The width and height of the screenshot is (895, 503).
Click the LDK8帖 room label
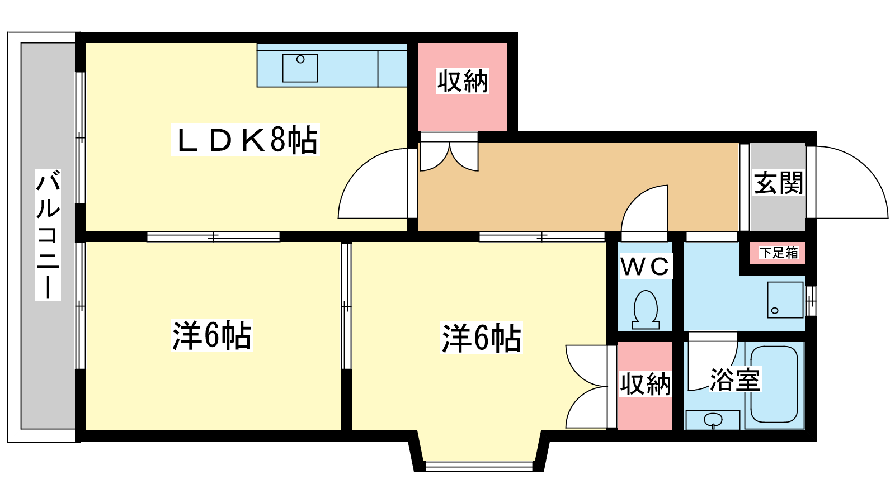pyautogui.click(x=245, y=140)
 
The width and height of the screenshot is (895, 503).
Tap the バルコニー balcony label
pyautogui.click(x=48, y=234)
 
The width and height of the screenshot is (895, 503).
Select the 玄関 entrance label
pyautogui.click(x=778, y=183)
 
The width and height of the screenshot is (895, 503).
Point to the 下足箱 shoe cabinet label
pyautogui.click(x=778, y=253)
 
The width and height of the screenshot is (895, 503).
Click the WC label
pyautogui.click(x=645, y=266)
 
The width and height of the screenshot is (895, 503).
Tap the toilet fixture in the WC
pyautogui.click(x=646, y=310)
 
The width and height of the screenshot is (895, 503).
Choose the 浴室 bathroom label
pyautogui.click(x=735, y=379)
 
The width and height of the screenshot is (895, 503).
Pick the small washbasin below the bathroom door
pyautogui.click(x=713, y=420)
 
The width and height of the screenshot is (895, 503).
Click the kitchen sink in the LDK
pyautogui.click(x=300, y=68)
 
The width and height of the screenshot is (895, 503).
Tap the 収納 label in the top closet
pyautogui.click(x=462, y=82)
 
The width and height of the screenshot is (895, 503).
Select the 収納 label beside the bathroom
pyautogui.click(x=645, y=384)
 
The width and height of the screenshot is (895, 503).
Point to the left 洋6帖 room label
pyautogui.click(x=212, y=335)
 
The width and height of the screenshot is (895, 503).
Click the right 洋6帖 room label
pyautogui.click(x=482, y=338)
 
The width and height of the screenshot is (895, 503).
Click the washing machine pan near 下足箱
pyautogui.click(x=785, y=300)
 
